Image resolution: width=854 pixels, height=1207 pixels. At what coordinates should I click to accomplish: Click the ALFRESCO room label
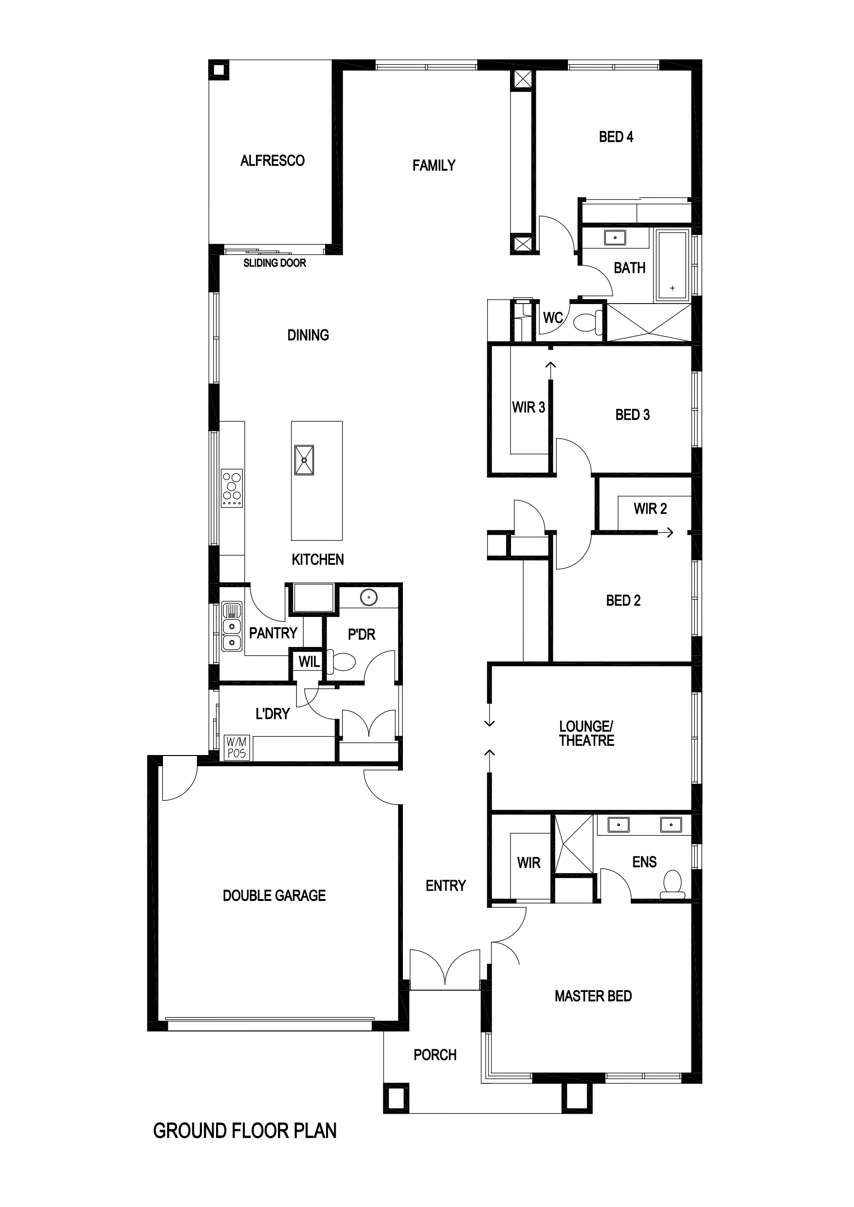[x=273, y=161]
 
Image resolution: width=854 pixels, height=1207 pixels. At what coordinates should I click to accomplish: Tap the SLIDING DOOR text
[x=274, y=263]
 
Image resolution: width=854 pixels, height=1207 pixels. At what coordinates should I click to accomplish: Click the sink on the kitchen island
[x=304, y=460]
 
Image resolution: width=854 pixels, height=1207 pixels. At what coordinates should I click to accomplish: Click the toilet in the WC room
[x=588, y=321]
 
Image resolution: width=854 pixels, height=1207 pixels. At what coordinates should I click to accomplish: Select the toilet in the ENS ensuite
[x=672, y=884]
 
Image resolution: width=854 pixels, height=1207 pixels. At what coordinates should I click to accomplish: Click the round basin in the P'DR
[x=369, y=597]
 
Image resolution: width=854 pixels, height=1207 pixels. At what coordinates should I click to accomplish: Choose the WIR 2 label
[x=650, y=508]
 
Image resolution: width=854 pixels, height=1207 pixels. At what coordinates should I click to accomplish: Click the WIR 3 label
[x=528, y=407]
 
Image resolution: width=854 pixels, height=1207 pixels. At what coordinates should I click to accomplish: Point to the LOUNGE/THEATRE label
[x=586, y=733]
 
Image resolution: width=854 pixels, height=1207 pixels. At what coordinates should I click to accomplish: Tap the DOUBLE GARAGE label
[x=274, y=895]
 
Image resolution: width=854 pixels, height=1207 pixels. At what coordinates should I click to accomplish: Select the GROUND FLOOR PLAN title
[x=245, y=1131]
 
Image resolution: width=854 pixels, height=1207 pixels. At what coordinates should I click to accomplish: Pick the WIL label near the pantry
[x=309, y=662]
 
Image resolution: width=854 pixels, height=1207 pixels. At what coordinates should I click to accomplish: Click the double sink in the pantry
[x=231, y=626]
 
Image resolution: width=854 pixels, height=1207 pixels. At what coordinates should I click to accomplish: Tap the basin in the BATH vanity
[x=615, y=237]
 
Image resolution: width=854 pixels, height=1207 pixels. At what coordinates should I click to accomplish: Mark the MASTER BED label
[x=593, y=996]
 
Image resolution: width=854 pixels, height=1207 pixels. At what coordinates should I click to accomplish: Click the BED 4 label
[x=616, y=137]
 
